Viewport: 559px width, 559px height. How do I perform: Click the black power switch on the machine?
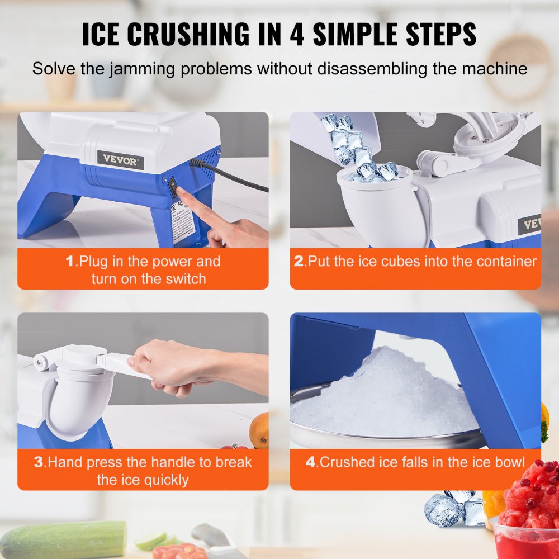173,182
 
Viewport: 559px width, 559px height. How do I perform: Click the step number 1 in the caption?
70,262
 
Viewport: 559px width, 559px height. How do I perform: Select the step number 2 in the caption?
299,262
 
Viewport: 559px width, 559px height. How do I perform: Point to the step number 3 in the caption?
39,462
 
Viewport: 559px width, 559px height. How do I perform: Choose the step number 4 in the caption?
311,462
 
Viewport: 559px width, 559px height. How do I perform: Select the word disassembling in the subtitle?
375,69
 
